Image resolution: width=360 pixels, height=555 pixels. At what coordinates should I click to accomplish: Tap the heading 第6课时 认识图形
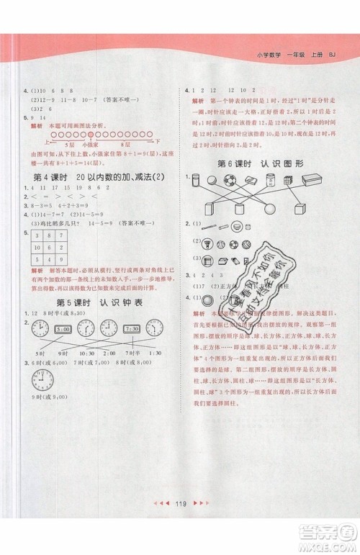[261, 163]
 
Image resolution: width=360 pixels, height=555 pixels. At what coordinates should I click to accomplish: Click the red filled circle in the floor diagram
[91, 134]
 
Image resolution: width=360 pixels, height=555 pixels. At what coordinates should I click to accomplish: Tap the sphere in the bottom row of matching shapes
[269, 210]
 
